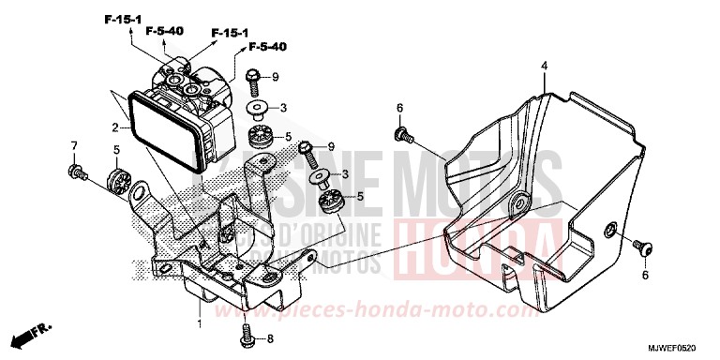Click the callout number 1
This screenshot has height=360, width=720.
point(199,323)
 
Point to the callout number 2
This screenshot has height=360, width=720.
point(114,127)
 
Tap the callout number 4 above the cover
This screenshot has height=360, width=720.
point(543,65)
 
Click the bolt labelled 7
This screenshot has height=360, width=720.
point(75,172)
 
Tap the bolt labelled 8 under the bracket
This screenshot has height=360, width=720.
point(247,330)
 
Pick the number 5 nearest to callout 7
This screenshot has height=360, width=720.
point(116,149)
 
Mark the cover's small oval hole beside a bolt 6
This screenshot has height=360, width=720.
point(609,231)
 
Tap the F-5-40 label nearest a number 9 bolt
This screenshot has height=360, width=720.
point(267,46)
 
